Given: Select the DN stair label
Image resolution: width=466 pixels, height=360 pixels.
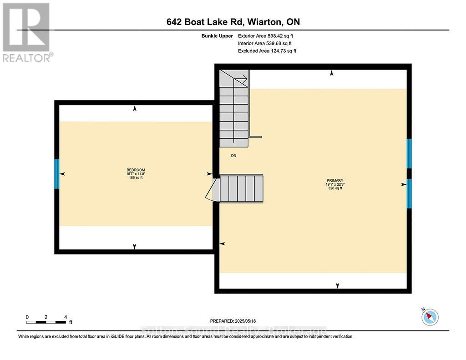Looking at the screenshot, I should pos(233,156).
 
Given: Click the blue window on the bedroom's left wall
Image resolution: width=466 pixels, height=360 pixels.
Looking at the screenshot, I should pos(57,173).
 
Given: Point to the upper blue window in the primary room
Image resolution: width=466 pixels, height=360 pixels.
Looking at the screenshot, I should pos(409,153).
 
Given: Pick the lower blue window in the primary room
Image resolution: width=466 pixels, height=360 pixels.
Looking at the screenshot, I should pos(409,193).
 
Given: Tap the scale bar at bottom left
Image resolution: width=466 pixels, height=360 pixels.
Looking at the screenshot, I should pos(46,322).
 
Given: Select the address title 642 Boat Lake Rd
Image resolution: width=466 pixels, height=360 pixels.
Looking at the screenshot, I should pos(233,22).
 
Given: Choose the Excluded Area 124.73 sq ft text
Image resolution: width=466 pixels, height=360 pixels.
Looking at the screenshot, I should pos(267,51).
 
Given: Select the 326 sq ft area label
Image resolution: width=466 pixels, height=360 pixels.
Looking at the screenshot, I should pos(334,188).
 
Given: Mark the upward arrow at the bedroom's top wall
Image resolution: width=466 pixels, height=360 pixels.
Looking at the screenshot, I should pos(135,109).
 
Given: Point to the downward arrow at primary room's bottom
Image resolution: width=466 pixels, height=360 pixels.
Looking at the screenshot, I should pos(337,285).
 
